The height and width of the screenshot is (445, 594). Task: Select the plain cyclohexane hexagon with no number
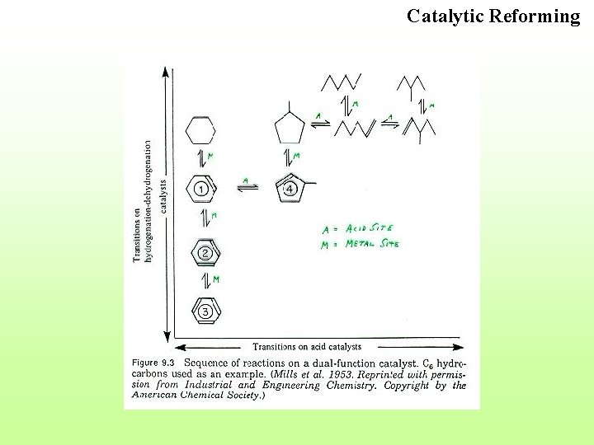point(200,129)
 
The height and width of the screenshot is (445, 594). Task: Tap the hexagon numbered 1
point(201,189)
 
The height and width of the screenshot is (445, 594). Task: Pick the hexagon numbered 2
point(205,252)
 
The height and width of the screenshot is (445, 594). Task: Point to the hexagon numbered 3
point(205,311)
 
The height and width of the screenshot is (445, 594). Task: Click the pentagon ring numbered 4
point(290,189)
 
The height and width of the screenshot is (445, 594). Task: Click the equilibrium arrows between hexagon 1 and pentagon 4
point(247,187)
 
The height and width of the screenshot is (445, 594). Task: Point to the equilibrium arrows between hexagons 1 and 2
point(204,220)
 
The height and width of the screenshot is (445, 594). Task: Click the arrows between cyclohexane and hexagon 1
point(200,158)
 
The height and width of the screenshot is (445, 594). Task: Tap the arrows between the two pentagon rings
point(288,157)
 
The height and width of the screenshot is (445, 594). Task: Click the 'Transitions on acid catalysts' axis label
point(307,347)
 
